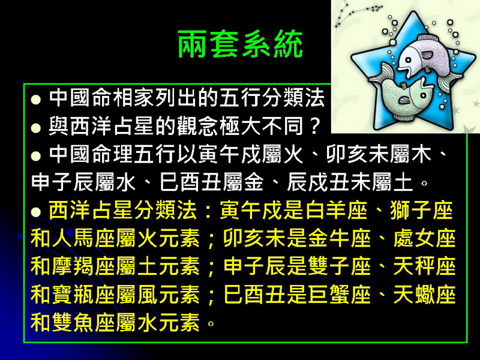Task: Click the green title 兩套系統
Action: pos(241,44)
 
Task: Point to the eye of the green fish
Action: pos(423,95)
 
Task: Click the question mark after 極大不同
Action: pos(313,126)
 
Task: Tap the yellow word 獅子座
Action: pos(422,211)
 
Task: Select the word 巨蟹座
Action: pos(339,294)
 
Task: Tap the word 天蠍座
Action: pos(425,294)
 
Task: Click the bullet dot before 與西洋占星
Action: pos(36,128)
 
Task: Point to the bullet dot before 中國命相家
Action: pos(36,100)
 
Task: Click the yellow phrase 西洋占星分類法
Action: pos(123,211)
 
